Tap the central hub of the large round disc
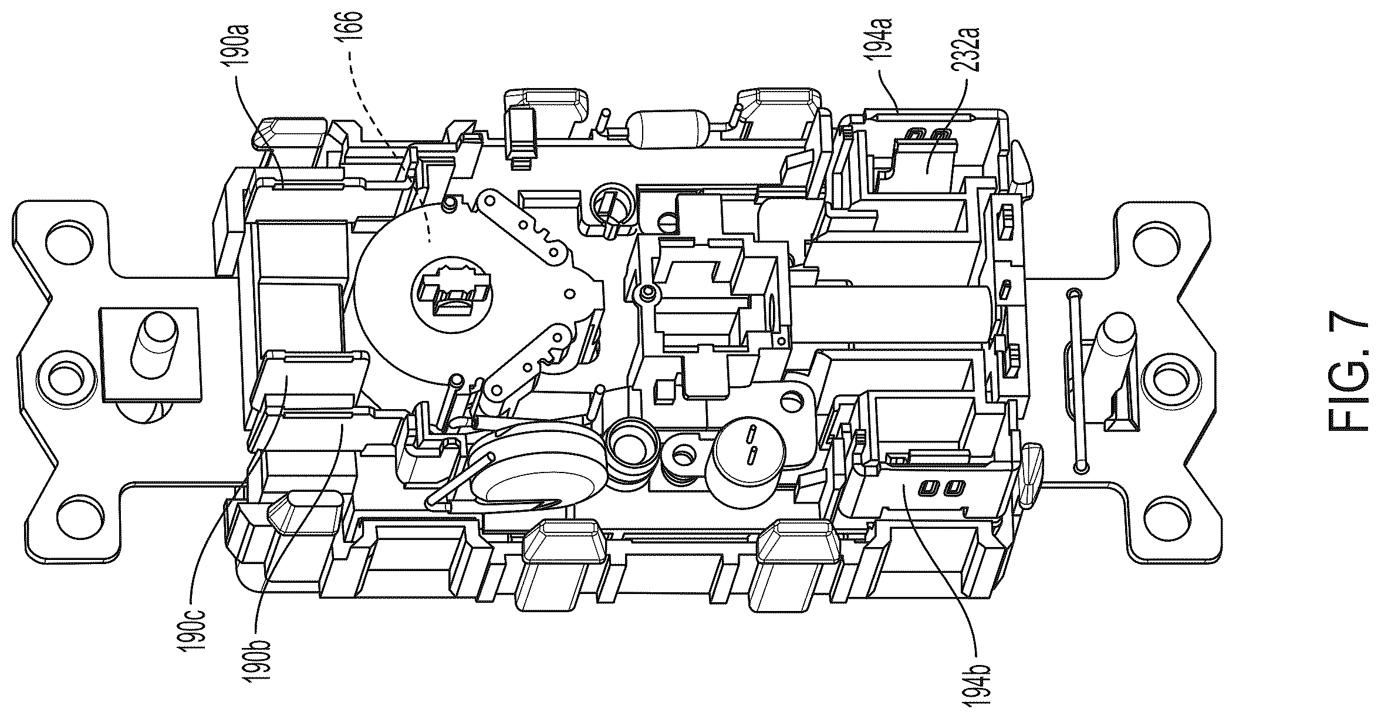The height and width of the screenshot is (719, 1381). click(x=451, y=290)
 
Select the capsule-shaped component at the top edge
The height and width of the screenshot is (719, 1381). click(x=668, y=129)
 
